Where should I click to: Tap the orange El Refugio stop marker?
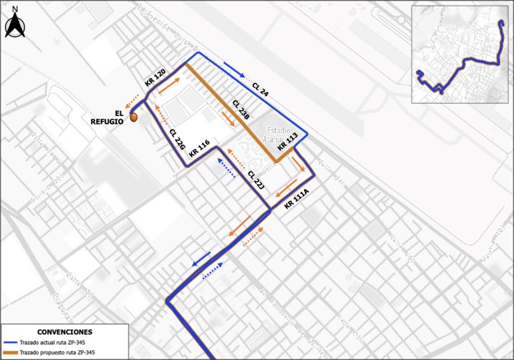[x=134, y=117]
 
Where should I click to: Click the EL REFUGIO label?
[x=107, y=117]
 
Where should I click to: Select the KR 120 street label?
[x=155, y=77]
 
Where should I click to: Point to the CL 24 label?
[x=261, y=89]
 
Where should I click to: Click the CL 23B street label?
[x=241, y=110]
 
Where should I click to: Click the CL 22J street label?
[x=256, y=180]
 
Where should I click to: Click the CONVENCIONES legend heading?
[x=64, y=333]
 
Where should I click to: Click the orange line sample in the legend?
[x=9, y=353]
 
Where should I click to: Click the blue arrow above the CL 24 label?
[x=233, y=69]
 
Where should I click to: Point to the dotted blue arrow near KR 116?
[x=226, y=169]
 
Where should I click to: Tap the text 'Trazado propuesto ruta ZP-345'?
[x=57, y=353]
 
